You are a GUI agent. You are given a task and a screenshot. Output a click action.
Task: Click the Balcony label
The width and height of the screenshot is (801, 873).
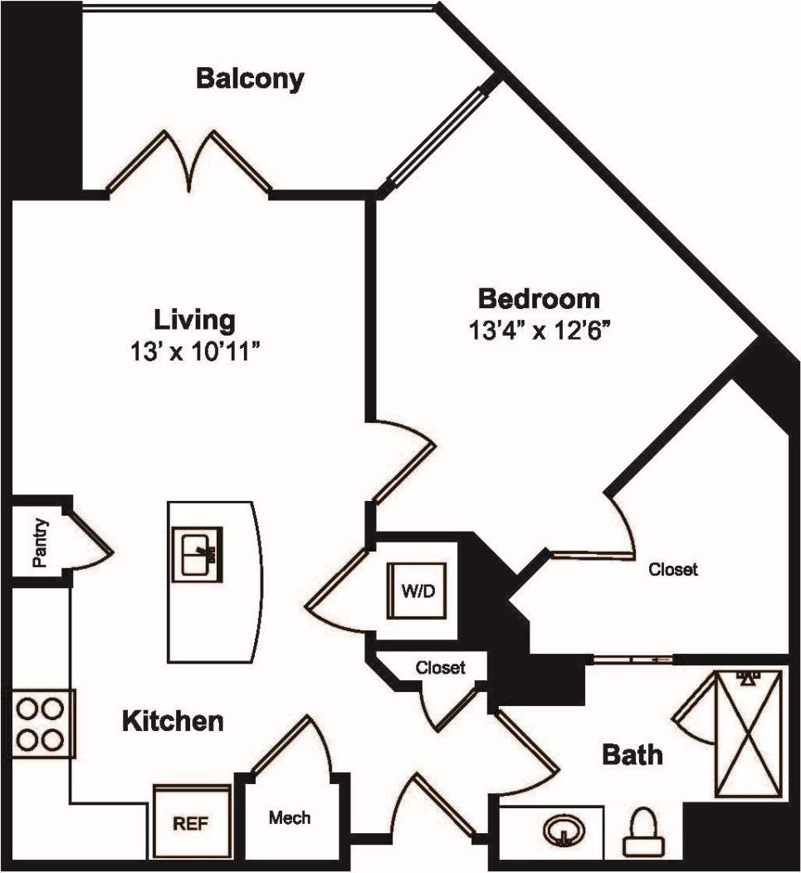point(250,79)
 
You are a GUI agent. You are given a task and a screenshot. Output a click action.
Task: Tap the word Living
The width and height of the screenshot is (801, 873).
point(194,319)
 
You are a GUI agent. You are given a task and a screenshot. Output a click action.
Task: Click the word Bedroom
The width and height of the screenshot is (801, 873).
point(538,297)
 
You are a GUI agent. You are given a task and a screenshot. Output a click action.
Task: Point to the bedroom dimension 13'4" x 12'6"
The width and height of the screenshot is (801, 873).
point(539,331)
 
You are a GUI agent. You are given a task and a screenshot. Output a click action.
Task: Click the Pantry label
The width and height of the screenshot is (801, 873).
point(39,543)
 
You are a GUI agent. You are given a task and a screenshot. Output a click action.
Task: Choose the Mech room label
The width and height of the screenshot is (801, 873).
point(290,818)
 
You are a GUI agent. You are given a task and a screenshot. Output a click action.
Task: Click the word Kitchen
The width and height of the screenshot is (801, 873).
point(173,720)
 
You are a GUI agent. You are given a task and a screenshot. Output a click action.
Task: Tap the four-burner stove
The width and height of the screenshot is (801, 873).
point(41,723)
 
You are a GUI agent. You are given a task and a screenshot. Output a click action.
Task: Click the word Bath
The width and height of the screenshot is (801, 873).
point(632,755)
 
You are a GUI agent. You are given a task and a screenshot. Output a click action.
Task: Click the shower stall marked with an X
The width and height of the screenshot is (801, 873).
point(749,734)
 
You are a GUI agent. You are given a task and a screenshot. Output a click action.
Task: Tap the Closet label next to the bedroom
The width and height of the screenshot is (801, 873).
point(672,570)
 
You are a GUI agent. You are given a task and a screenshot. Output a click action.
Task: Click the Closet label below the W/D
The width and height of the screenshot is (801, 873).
point(440,667)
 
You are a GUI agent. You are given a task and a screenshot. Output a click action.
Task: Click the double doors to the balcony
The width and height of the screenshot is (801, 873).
point(189,162)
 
